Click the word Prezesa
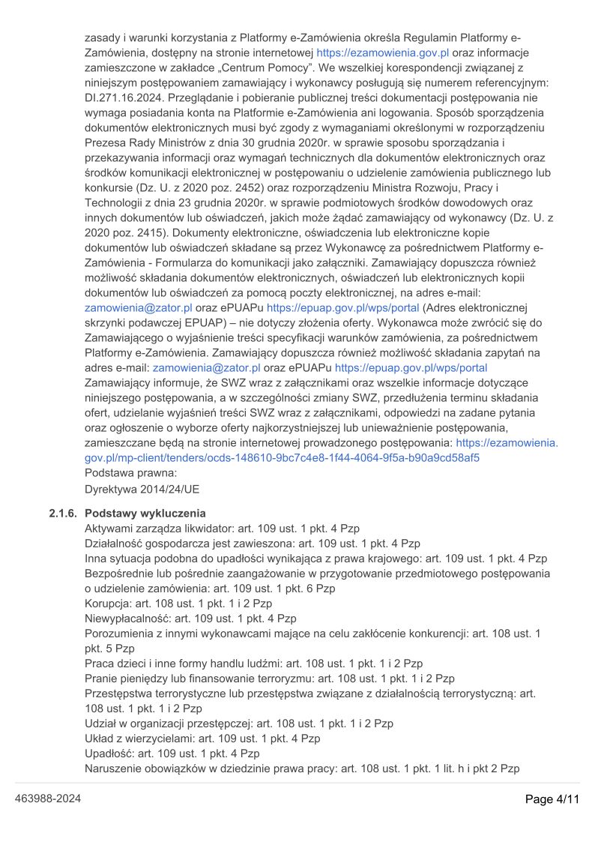[107, 142]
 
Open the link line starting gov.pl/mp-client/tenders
[283, 457]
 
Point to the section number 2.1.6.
[63, 514]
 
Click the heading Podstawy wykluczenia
[145, 514]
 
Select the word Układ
[100, 739]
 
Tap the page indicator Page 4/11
[553, 799]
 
